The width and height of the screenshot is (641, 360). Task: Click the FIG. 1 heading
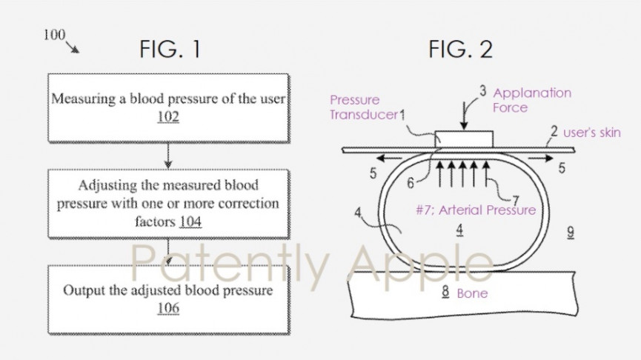[170, 50]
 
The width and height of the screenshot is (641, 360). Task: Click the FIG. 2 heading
[460, 50]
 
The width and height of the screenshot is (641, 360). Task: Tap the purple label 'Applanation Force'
[532, 100]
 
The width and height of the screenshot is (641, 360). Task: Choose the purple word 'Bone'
[471, 293]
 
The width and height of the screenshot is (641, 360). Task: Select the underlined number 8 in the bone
[445, 293]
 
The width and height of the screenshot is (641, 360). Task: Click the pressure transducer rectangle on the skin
[464, 139]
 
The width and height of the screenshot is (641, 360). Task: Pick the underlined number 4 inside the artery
[459, 230]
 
